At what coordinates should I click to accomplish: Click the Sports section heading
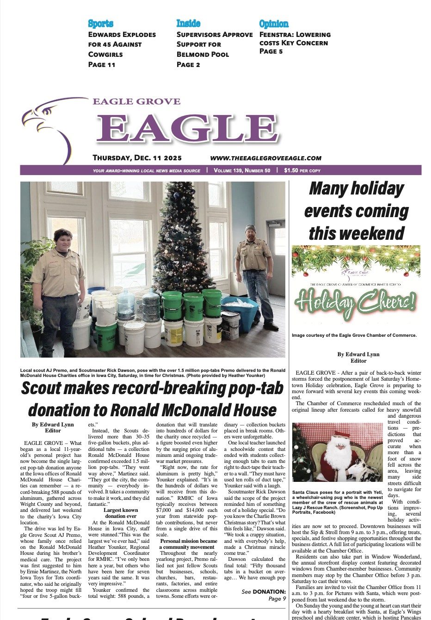click(x=100, y=24)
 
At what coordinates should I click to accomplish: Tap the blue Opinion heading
click(x=274, y=24)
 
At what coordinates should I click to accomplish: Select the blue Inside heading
click(x=188, y=24)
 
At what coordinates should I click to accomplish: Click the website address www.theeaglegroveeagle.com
click(x=265, y=158)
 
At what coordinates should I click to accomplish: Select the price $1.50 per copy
click(x=302, y=170)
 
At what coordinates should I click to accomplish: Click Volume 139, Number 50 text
click(x=242, y=170)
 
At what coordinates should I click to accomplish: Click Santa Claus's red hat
click(x=342, y=437)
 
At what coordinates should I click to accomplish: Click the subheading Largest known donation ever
click(x=121, y=513)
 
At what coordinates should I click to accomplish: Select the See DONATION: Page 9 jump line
click(x=264, y=595)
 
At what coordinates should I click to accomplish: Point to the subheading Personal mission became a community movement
click(x=188, y=544)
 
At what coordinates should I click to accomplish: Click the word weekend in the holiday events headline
click(x=357, y=233)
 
